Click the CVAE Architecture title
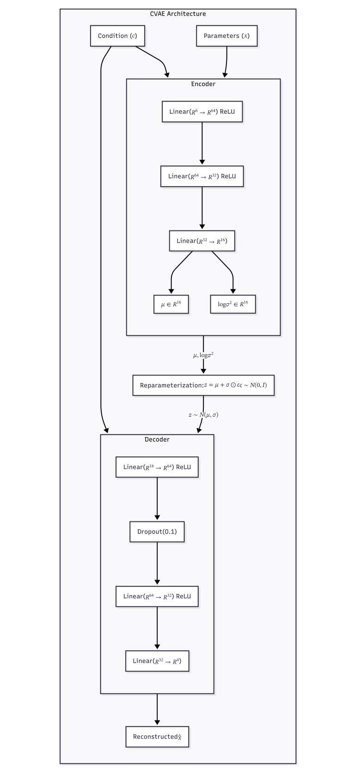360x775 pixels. pyautogui.click(x=178, y=14)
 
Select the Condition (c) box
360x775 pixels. pyautogui.click(x=117, y=36)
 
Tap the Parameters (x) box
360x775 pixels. pyautogui.click(x=226, y=36)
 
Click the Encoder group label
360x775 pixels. pyautogui.click(x=203, y=84)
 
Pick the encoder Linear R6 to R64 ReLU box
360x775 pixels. pyautogui.click(x=202, y=112)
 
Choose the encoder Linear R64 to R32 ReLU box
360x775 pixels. pyautogui.click(x=202, y=176)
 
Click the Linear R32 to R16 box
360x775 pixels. pyautogui.click(x=202, y=241)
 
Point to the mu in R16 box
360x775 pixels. pyautogui.click(x=171, y=304)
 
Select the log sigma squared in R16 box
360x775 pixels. pyautogui.click(x=233, y=304)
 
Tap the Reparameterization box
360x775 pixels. pyautogui.click(x=203, y=385)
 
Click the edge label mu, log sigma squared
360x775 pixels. pyautogui.click(x=203, y=355)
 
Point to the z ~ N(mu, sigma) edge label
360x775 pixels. pyautogui.click(x=203, y=415)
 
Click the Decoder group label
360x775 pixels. pyautogui.click(x=157, y=440)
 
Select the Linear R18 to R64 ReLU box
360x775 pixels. pyautogui.click(x=157, y=467)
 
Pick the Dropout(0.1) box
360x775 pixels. pyautogui.click(x=157, y=532)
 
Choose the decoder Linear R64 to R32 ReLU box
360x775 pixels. pyautogui.click(x=157, y=597)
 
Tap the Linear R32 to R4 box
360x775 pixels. pyautogui.click(x=157, y=661)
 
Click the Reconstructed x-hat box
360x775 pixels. pyautogui.click(x=157, y=737)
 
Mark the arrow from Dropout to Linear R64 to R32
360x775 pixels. pyautogui.click(x=157, y=563)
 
